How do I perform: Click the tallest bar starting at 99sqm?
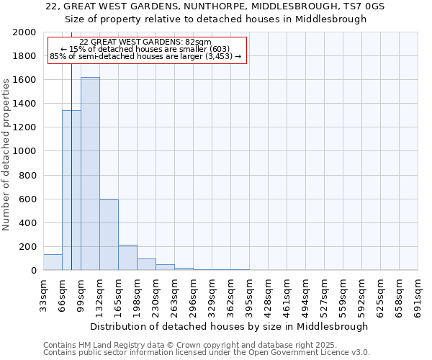pyautogui.click(x=90, y=174)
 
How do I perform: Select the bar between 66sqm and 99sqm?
pyautogui.click(x=71, y=190)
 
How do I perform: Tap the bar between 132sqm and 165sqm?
pyautogui.click(x=109, y=235)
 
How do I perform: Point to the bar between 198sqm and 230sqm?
pyautogui.click(x=146, y=264)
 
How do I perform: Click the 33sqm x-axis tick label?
pyautogui.click(x=43, y=294)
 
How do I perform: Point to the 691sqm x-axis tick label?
pyautogui.click(x=418, y=294)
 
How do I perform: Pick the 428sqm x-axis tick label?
pyautogui.click(x=268, y=294)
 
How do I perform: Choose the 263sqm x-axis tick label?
pyautogui.click(x=174, y=294)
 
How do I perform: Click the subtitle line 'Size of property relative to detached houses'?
pyautogui.click(x=216, y=19)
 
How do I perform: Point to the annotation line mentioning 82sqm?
pyautogui.click(x=145, y=42)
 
